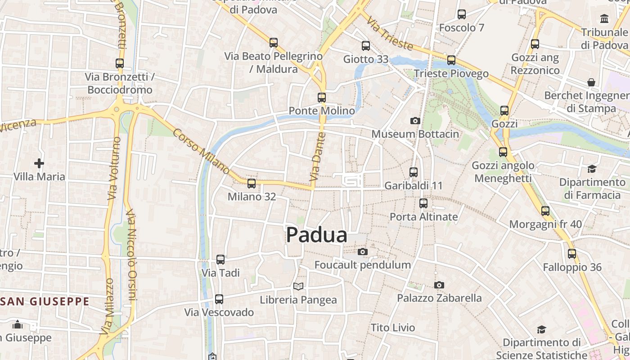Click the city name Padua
316,235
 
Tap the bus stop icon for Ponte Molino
321,98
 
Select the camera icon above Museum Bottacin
415,121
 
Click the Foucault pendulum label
362,265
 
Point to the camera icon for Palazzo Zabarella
439,285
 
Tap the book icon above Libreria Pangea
298,286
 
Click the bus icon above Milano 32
251,184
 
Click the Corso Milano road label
201,152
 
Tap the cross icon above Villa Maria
39,163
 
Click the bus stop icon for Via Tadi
220,260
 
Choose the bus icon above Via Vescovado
219,299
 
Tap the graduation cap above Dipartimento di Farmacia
592,169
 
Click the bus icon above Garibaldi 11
413,172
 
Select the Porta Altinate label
423,216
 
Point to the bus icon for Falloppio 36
571,254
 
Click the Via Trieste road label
390,33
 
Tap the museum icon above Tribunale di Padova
604,19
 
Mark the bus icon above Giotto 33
365,46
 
